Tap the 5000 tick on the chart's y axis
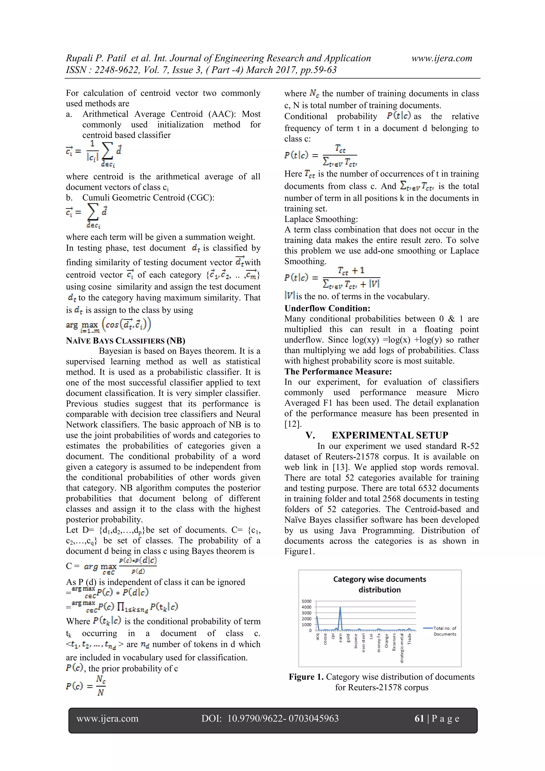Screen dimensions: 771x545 click(307, 601)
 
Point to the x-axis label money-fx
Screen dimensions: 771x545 click(379, 643)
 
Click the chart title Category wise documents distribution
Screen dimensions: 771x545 click(379, 584)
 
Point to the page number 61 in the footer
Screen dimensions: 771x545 click(419, 718)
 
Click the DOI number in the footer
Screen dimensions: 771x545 click(283, 718)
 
